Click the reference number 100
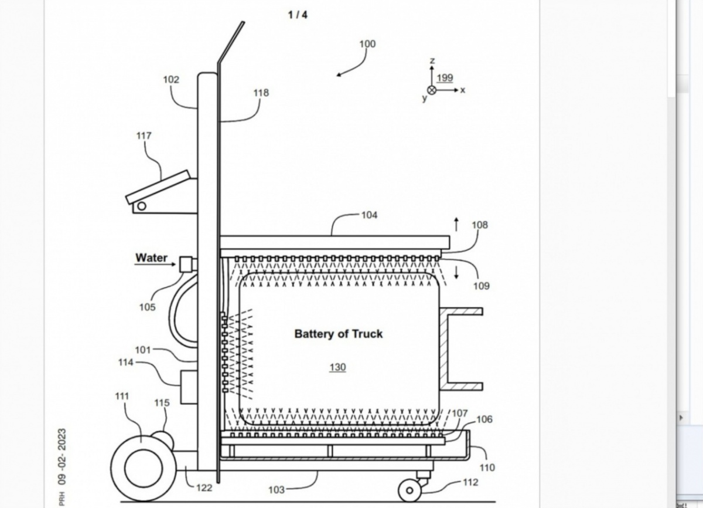pyautogui.click(x=367, y=44)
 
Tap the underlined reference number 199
pyautogui.click(x=445, y=78)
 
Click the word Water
pyautogui.click(x=151, y=258)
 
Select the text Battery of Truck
pyautogui.click(x=338, y=334)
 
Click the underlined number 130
pyautogui.click(x=337, y=367)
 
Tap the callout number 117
pyautogui.click(x=144, y=136)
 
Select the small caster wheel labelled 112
pyautogui.click(x=409, y=490)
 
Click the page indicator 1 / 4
pyautogui.click(x=298, y=15)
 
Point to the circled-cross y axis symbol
pyautogui.click(x=432, y=90)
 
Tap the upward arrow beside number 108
pyautogui.click(x=456, y=223)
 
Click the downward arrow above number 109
pyautogui.click(x=457, y=272)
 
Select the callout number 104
pyautogui.click(x=369, y=215)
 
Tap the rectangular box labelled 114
pyautogui.click(x=188, y=387)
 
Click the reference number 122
pyautogui.click(x=204, y=487)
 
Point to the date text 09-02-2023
pyautogui.click(x=62, y=456)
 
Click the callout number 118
pyautogui.click(x=261, y=93)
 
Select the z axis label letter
pyautogui.click(x=432, y=61)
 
